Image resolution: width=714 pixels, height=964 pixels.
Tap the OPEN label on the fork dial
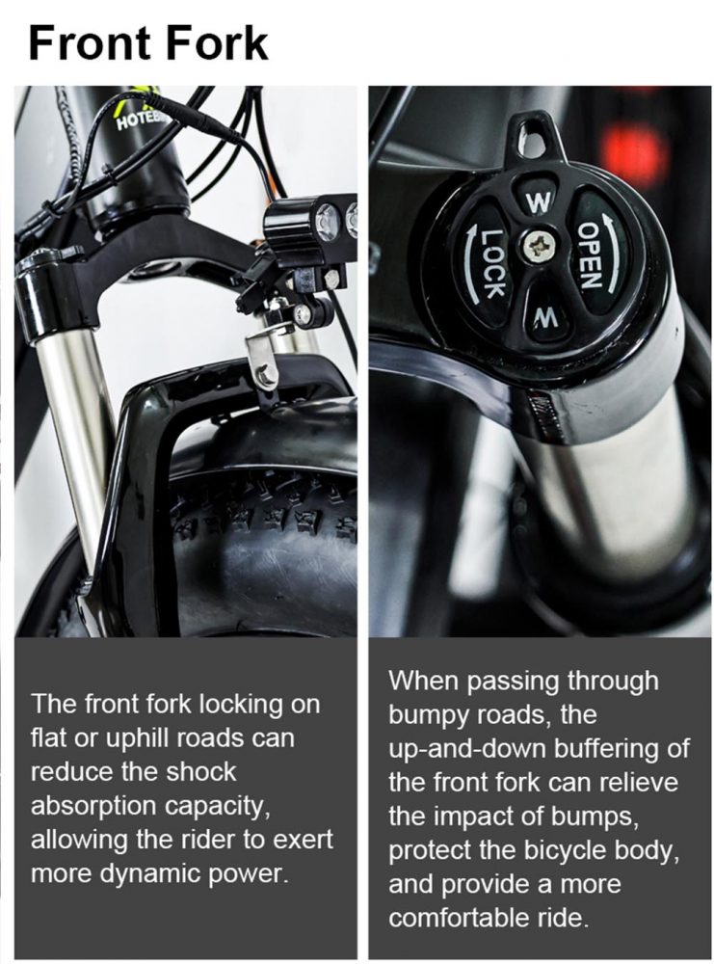tap(588, 255)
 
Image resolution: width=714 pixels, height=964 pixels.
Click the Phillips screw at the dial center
tap(539, 246)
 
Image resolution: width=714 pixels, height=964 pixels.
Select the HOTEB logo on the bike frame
tap(137, 120)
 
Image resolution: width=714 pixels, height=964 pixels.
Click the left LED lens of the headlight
tap(328, 218)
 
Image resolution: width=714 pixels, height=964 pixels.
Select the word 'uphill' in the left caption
tap(138, 738)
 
